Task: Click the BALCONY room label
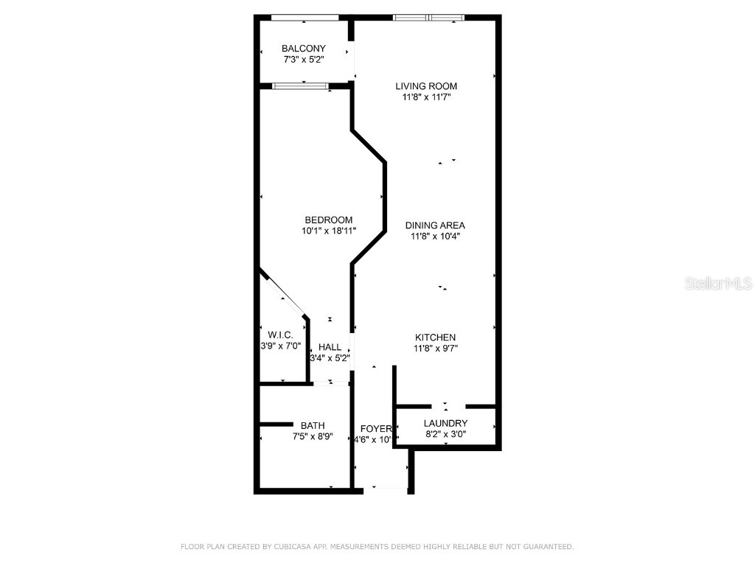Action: point(303,49)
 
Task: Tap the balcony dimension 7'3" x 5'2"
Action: point(303,59)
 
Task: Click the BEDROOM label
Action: point(329,220)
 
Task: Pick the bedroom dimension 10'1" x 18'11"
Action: point(329,231)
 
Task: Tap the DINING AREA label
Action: point(435,226)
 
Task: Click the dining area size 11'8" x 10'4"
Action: point(435,237)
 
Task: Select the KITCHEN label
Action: point(435,338)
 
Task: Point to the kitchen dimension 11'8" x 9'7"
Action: point(435,349)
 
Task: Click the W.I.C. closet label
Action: point(280,335)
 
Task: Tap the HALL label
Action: point(330,347)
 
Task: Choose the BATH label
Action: point(313,425)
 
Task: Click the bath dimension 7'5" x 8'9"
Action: point(313,436)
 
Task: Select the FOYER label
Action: point(375,429)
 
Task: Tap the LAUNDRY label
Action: point(445,423)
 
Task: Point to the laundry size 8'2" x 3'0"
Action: point(445,434)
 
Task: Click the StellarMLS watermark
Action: point(718,284)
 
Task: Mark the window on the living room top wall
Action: point(428,18)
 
